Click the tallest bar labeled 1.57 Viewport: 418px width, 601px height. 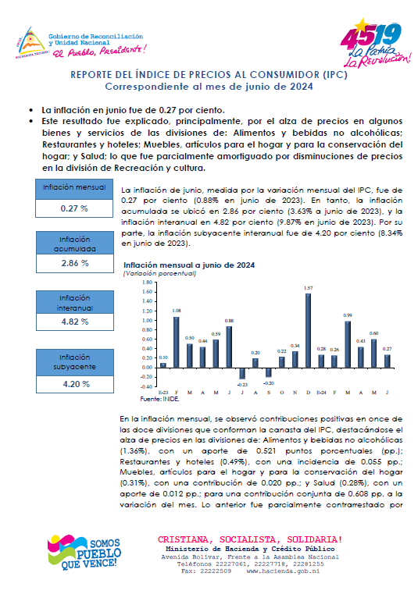[308, 330]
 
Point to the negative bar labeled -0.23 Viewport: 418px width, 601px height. [241, 373]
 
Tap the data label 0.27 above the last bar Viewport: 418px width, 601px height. [387, 349]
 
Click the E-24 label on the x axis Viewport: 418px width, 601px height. [320, 393]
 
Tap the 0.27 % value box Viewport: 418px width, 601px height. [75, 209]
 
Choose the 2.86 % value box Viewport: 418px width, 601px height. [75, 264]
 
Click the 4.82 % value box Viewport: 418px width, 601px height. [75, 321]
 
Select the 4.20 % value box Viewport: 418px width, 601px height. [75, 384]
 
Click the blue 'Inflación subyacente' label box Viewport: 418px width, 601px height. [75, 361]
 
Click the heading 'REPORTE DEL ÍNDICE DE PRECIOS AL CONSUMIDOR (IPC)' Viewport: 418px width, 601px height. [209, 75]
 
